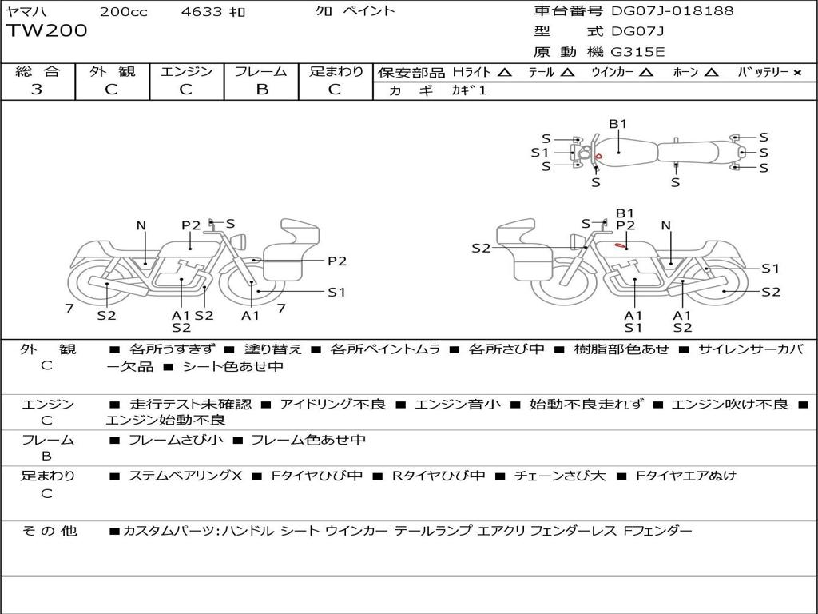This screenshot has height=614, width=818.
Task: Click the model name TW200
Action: pyautogui.click(x=47, y=31)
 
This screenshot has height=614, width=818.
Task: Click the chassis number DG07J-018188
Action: pyautogui.click(x=672, y=11)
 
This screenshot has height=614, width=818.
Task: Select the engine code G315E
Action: pyautogui.click(x=637, y=52)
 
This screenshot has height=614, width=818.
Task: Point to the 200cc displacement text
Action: pyautogui.click(x=123, y=11)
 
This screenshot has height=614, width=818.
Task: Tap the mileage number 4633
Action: pyautogui.click(x=203, y=11)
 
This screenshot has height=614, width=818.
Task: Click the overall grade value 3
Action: pyautogui.click(x=37, y=90)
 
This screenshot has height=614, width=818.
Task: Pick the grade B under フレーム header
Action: pyautogui.click(x=261, y=90)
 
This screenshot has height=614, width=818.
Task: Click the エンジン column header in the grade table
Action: pyautogui.click(x=186, y=72)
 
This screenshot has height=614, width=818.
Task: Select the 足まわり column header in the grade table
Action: pyautogui.click(x=336, y=72)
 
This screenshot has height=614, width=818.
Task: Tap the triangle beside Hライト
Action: pyautogui.click(x=504, y=73)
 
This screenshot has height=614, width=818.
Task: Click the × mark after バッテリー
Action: pyautogui.click(x=796, y=73)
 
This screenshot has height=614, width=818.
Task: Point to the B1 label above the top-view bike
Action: pyautogui.click(x=618, y=124)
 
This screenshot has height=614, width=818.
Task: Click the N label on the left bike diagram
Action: pyautogui.click(x=141, y=226)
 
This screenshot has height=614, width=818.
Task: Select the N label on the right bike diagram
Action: pyautogui.click(x=665, y=226)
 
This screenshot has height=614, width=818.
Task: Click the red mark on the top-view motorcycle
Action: pyautogui.click(x=598, y=157)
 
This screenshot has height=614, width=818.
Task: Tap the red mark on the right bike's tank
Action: pyautogui.click(x=621, y=245)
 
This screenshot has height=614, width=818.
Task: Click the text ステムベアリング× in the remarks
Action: pyautogui.click(x=185, y=476)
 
